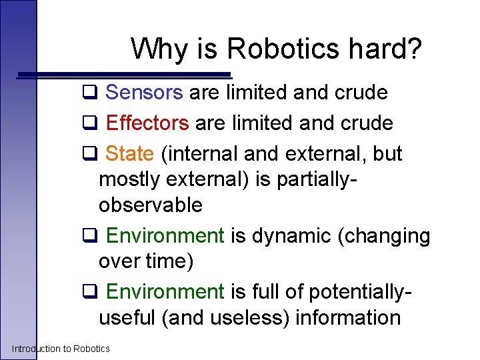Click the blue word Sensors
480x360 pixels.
coord(144,93)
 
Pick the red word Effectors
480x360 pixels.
coord(147,123)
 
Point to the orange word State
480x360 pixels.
coord(130,154)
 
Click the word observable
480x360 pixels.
coord(150,205)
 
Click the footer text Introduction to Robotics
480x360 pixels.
coord(61,349)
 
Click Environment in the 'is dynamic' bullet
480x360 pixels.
coord(165,236)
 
